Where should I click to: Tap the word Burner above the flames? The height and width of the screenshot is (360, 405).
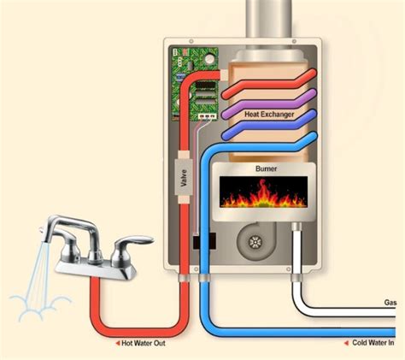267,169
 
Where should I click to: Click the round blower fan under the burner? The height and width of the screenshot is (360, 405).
254,242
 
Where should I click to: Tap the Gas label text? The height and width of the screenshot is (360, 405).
390,304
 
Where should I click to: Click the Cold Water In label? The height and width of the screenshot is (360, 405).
373,343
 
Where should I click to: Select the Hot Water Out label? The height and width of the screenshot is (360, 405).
152,343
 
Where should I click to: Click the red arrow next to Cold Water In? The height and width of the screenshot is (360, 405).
346,343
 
